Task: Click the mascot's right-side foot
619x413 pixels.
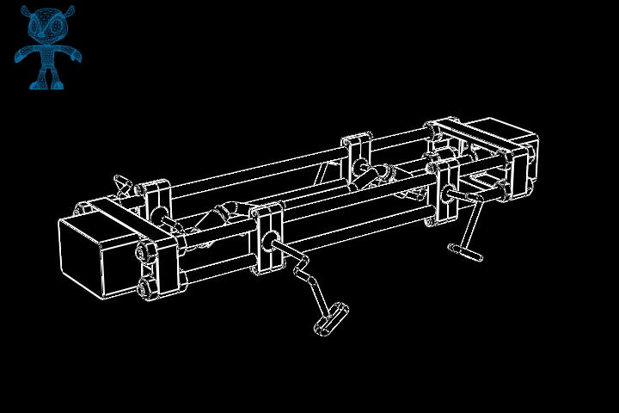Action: pos(58,83)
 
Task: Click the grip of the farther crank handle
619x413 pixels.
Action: pos(465,251)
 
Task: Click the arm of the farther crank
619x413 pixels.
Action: pos(469,224)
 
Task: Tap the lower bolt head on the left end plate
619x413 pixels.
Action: pos(146,287)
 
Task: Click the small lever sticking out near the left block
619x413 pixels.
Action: pos(126,183)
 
